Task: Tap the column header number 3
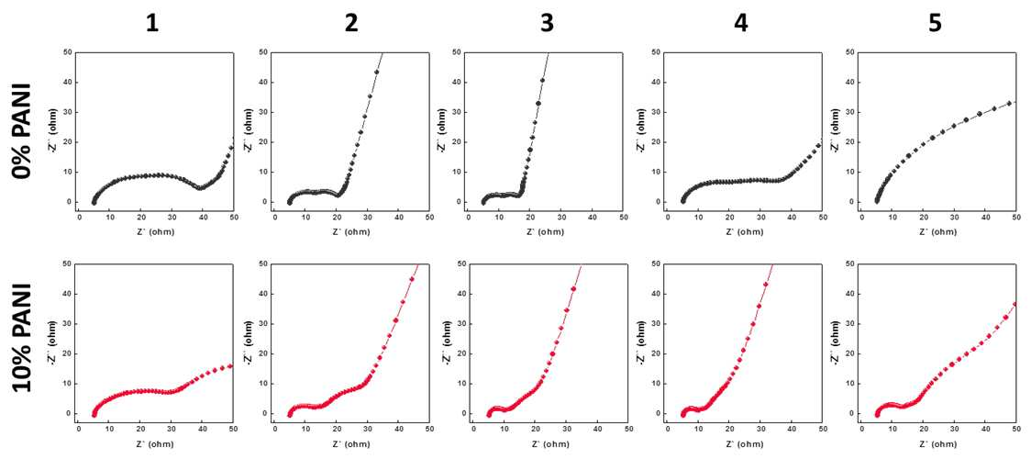547,23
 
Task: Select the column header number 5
935,23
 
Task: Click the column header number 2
351,23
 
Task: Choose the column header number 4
741,23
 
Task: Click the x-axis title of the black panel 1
156,232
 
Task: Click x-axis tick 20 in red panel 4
729,428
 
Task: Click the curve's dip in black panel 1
201,187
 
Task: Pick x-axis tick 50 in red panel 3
628,428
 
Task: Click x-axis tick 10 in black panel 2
305,217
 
